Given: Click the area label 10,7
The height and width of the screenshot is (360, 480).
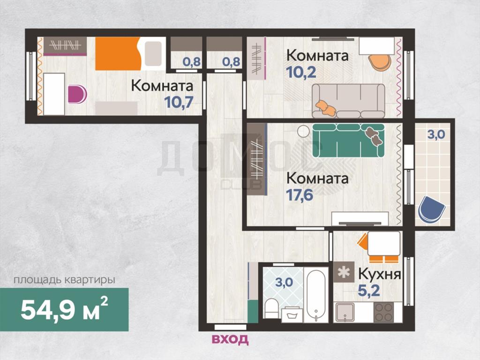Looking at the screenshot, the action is point(179,102).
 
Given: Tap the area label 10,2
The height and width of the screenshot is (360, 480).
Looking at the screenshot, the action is point(301,72).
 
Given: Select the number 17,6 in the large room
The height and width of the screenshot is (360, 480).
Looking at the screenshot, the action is point(300,195).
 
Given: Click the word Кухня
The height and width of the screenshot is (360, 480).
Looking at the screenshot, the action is point(380,274).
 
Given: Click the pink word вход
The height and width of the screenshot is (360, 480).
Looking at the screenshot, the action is point(230,339).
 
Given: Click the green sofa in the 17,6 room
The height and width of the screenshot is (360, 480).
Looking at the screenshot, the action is point(348,140).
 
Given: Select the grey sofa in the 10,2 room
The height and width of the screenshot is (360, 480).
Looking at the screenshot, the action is point(348,101).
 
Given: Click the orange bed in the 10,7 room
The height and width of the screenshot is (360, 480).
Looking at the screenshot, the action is point(118,53).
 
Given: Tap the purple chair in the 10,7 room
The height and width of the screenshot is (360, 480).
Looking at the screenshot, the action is point(77,94).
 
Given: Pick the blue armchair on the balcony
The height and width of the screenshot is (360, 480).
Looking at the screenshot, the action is point(432,210).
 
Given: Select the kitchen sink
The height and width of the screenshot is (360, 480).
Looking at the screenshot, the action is point(345,312).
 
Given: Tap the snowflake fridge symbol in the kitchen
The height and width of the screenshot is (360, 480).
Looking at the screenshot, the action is point(344,272).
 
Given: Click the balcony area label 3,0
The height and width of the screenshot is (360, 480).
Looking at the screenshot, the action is point(436,135).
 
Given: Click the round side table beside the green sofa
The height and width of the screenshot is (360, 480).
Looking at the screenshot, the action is point(304,132).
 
